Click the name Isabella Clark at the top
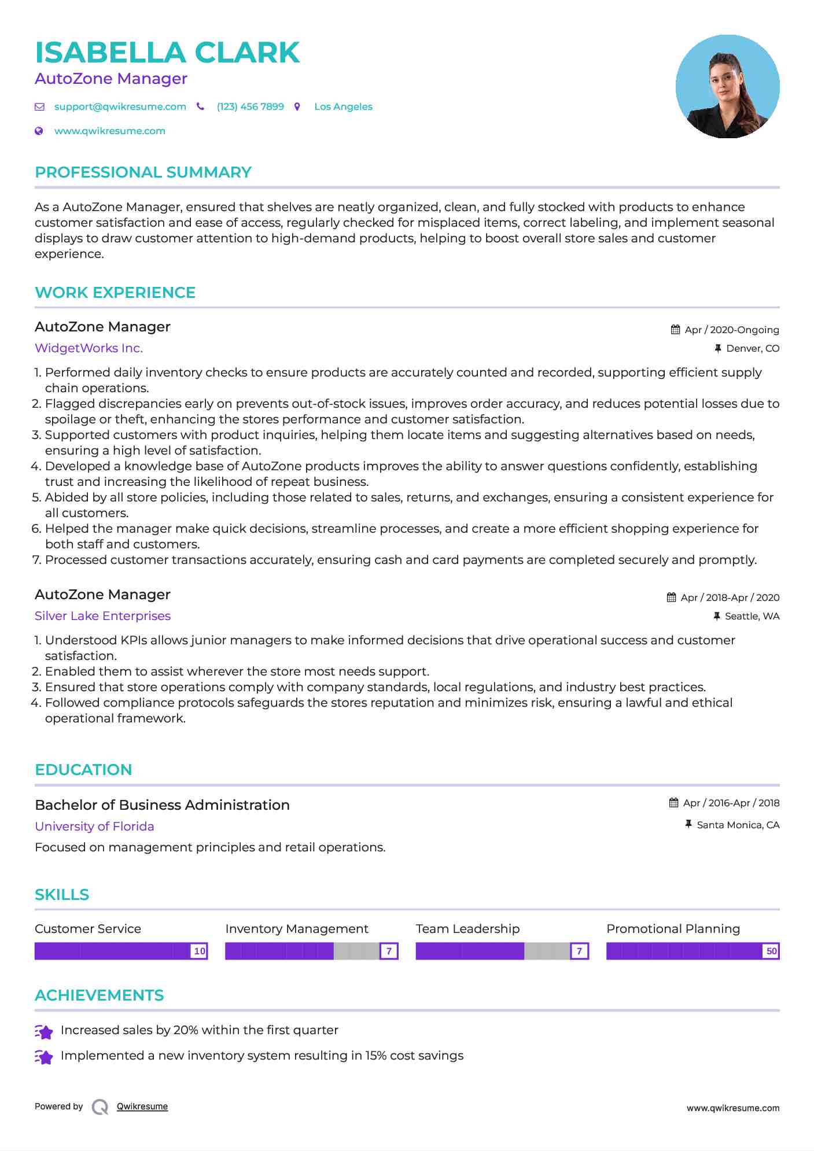pos(167,53)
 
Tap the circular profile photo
pos(727,87)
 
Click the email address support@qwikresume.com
pos(120,107)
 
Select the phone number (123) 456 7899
pos(250,107)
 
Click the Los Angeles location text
pos(343,107)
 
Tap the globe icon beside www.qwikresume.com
pos(39,131)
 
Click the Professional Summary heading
pos(143,172)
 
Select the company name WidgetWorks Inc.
pos(89,348)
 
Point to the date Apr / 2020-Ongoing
pos(731,330)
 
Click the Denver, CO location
pos(752,349)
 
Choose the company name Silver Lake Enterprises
pos(102,616)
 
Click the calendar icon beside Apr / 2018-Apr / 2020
pos(671,597)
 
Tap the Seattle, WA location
pos(752,617)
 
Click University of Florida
pos(94,827)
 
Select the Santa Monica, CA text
pos(738,825)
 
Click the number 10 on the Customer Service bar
pos(200,951)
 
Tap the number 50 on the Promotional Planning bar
pos(771,951)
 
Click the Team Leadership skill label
pos(467,929)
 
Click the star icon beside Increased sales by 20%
pos(44,1031)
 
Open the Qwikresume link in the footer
pos(142,1106)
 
